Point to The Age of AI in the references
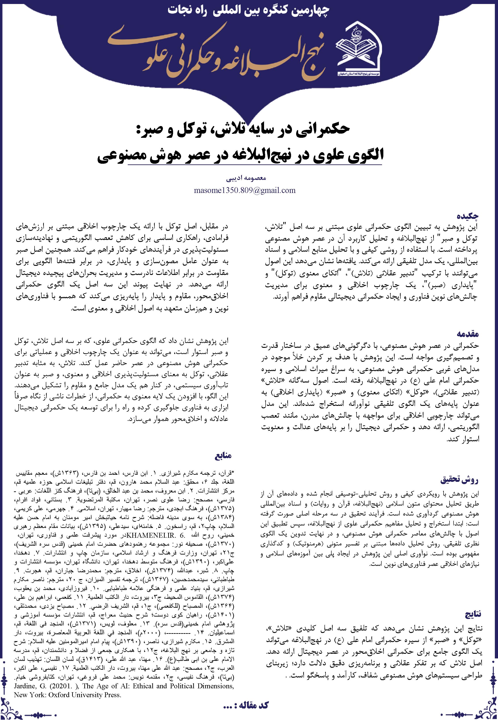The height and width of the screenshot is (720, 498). click(108, 685)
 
